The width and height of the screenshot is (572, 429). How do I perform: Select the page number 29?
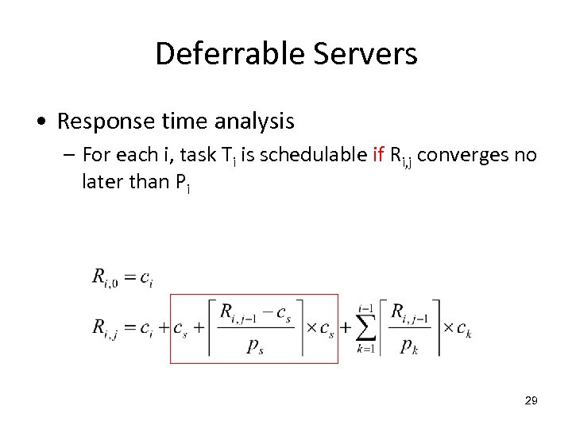tap(531, 401)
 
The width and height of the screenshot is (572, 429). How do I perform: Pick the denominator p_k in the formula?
tap(409, 347)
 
